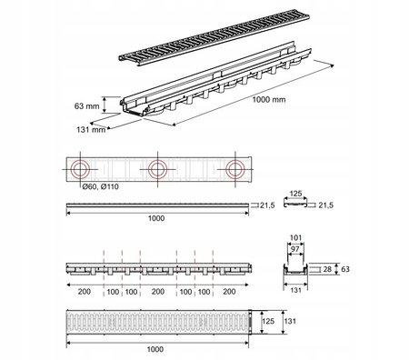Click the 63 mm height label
coord(86,106)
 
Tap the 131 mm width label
coord(91,130)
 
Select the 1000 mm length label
coord(269,100)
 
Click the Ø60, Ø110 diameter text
coord(101,186)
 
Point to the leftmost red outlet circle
coord(80,161)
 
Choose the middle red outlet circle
coord(157,161)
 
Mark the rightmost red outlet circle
coord(235,161)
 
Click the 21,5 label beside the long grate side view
coord(267,205)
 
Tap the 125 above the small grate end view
coord(295,194)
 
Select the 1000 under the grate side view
coord(156,218)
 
